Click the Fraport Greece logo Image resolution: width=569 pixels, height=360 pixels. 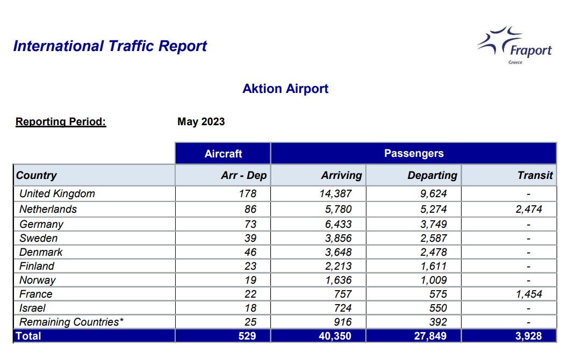[x=515, y=45]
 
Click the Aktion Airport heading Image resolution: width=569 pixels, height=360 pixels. [x=285, y=89]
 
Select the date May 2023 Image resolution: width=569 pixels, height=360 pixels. [x=201, y=121]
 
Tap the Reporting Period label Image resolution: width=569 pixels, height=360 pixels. [x=61, y=121]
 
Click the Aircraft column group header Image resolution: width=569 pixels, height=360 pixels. [x=223, y=154]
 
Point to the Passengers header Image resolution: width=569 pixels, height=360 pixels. [x=414, y=153]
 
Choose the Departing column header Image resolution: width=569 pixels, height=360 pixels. [x=432, y=175]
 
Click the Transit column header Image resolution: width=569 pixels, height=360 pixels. [x=535, y=175]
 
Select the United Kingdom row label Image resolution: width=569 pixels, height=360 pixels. [x=57, y=194]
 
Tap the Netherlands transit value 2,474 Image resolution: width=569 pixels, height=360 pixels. [x=529, y=210]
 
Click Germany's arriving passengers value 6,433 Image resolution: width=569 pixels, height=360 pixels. [x=338, y=224]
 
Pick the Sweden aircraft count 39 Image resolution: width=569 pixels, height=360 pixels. [x=250, y=239]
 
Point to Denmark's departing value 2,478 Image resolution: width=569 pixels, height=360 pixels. [x=434, y=252]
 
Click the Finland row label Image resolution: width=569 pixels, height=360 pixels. [x=37, y=267]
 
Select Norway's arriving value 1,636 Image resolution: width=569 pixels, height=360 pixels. [x=338, y=280]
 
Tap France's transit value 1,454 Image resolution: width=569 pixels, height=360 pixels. [x=529, y=294]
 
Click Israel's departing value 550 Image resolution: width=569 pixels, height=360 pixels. [x=438, y=308]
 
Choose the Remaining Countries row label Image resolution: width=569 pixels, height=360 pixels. [x=71, y=322]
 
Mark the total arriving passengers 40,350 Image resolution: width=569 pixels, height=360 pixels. [x=335, y=336]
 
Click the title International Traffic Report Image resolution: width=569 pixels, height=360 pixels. [x=110, y=46]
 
